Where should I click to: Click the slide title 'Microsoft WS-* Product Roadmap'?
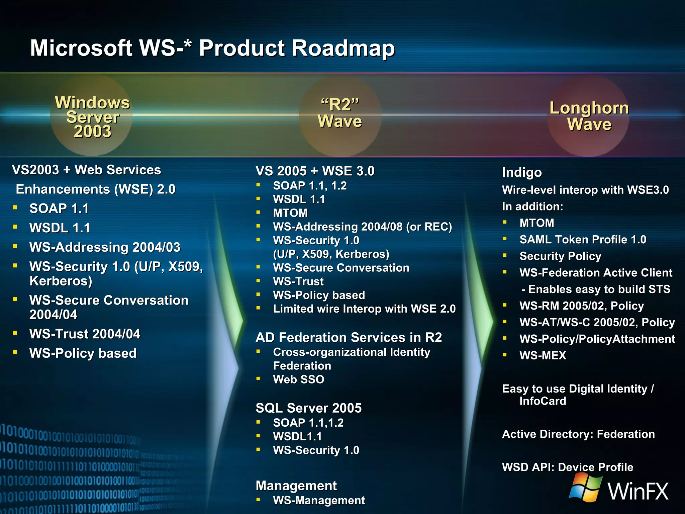[212, 48]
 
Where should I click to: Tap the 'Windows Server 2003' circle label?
[92, 117]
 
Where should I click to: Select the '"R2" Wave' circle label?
[340, 113]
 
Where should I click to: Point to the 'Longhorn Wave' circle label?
[589, 116]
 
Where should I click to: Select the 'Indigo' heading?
[522, 172]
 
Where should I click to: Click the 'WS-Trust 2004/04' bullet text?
[85, 334]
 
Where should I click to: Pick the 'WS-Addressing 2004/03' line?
[105, 247]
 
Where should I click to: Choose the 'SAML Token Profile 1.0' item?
[583, 240]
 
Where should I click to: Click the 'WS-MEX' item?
[543, 355]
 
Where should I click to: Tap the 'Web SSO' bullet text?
[298, 379]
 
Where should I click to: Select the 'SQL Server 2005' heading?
[308, 408]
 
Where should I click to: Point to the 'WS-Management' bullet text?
[319, 500]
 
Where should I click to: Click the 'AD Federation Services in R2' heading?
[349, 337]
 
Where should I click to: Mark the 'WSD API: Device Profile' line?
[568, 467]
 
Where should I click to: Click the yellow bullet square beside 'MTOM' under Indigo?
[505, 222]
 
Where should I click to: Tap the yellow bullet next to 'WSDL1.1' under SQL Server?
[258, 436]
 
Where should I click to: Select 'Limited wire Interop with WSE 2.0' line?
[364, 309]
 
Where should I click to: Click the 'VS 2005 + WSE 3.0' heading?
[315, 171]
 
